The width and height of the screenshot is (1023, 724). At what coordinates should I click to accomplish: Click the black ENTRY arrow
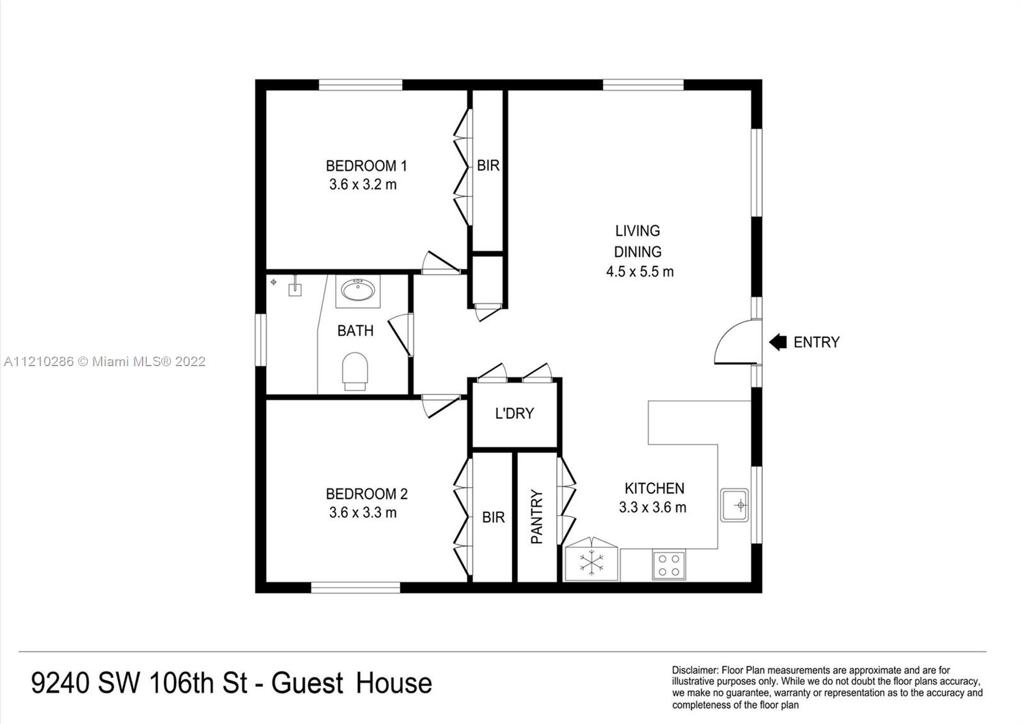click(777, 343)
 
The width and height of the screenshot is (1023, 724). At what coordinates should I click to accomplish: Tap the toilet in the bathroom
click(355, 371)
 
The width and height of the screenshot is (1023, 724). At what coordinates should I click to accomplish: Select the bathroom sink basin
click(357, 291)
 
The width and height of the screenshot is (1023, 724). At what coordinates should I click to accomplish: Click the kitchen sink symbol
click(735, 505)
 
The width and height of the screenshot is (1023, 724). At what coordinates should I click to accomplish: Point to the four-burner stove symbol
click(669, 565)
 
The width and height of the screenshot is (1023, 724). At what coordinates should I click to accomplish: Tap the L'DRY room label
click(514, 413)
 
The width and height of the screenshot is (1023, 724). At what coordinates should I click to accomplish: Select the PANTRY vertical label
click(536, 517)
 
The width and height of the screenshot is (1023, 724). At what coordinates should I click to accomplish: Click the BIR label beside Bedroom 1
click(488, 166)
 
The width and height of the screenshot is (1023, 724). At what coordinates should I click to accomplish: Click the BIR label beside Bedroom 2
click(493, 517)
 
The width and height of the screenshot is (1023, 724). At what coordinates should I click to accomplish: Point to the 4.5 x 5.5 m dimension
click(639, 272)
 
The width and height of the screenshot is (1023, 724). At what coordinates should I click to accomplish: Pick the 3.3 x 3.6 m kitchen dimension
click(652, 507)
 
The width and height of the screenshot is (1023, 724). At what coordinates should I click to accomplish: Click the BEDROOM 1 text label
click(366, 166)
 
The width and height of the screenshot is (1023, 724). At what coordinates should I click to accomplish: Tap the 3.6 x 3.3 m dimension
click(363, 512)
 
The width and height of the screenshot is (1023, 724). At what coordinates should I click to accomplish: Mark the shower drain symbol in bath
click(274, 282)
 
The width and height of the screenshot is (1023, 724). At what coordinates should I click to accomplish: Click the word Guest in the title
click(308, 683)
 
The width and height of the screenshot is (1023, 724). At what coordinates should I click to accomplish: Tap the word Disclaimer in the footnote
click(695, 670)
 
